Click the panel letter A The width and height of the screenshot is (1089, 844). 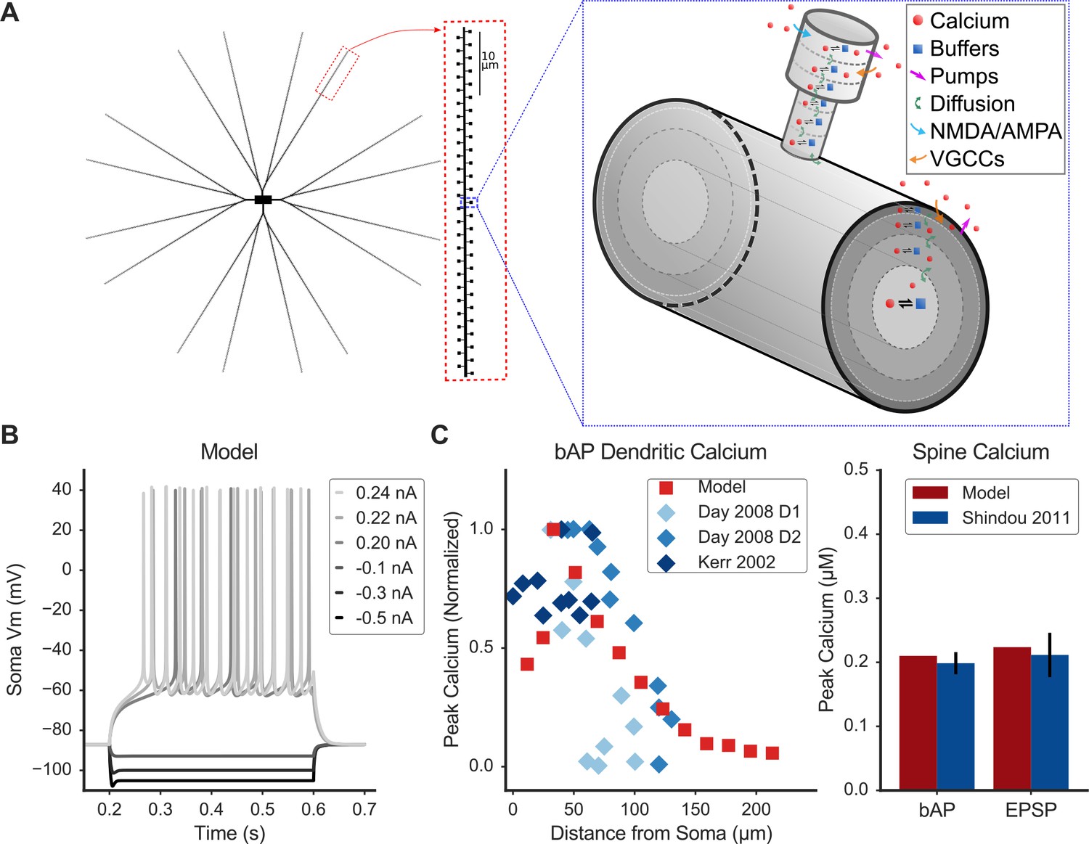9,12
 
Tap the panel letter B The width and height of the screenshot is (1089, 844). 9,435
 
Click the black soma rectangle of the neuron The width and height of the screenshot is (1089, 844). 263,200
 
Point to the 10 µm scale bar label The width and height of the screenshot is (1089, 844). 489,61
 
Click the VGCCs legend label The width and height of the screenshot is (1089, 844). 957,159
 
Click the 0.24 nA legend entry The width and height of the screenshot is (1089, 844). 375,493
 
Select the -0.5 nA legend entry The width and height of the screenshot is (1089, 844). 374,618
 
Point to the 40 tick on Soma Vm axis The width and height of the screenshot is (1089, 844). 62,489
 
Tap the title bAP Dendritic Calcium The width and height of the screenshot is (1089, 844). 661,452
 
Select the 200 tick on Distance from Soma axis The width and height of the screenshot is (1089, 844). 756,809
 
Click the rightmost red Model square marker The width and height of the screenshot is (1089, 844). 772,753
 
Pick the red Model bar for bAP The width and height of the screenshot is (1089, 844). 918,723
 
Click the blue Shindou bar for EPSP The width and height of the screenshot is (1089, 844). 1049,722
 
